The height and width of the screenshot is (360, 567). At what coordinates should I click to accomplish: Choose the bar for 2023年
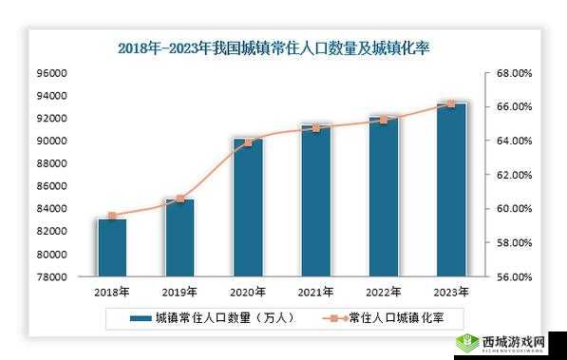point(451,190)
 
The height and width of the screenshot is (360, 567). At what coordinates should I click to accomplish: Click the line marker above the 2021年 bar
point(316,127)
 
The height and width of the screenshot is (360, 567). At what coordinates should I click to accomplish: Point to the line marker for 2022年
point(384,120)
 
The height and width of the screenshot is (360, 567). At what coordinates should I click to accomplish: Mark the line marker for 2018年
point(112,216)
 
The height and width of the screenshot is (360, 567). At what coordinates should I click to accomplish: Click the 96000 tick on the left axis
point(52,73)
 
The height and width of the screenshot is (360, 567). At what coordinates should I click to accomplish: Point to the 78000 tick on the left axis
point(52,277)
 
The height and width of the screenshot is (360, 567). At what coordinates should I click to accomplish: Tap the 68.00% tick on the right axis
point(514,73)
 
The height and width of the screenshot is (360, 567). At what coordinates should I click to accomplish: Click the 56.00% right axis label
point(514,277)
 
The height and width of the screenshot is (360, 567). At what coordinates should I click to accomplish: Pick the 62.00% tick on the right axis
point(514,175)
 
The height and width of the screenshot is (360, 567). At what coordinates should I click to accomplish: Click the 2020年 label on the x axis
point(248,292)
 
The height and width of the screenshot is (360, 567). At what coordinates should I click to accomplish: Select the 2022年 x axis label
point(384,292)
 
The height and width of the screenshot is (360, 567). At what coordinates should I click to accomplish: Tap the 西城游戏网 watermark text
point(514,340)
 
